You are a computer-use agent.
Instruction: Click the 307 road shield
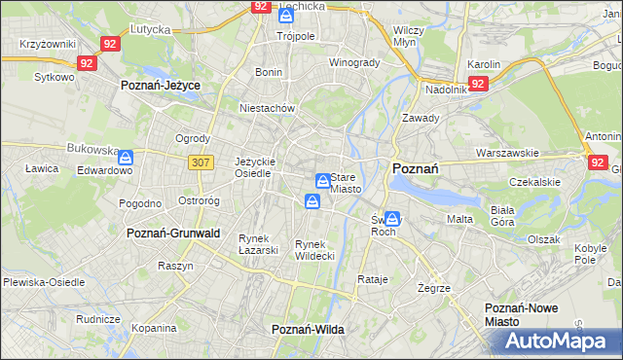point(200,162)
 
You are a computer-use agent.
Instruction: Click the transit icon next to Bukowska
point(126,156)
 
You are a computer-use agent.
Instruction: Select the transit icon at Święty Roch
point(391,219)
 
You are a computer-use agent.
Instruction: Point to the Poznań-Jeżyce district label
point(160,86)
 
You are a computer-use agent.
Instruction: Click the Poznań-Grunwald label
point(173,234)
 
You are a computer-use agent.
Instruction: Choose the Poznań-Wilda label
point(308,330)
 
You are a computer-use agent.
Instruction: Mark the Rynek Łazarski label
point(259,244)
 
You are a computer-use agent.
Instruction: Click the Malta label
point(459,219)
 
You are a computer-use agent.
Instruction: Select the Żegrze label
point(433,288)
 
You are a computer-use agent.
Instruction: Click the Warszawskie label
point(507,153)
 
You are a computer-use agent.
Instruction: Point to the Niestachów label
point(267,109)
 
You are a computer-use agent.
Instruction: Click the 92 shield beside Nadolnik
point(477,84)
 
